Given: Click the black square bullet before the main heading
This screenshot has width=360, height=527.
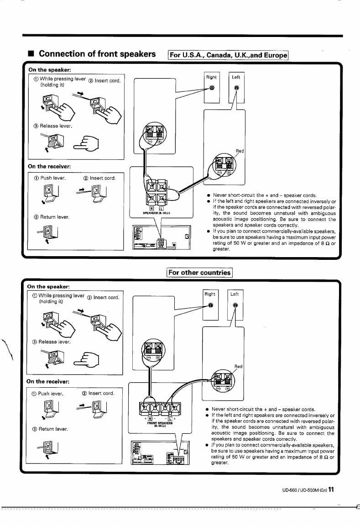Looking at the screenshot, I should (x=31, y=53).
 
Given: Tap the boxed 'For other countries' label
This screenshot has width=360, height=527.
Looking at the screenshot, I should (x=200, y=273).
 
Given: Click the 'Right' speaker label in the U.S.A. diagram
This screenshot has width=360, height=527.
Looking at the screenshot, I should (x=212, y=77).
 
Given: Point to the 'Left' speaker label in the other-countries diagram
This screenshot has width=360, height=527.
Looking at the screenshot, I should (x=235, y=295).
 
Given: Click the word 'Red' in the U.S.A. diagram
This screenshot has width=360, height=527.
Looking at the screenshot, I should (x=240, y=151).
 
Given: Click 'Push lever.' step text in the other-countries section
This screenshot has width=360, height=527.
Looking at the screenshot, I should (x=52, y=393).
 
